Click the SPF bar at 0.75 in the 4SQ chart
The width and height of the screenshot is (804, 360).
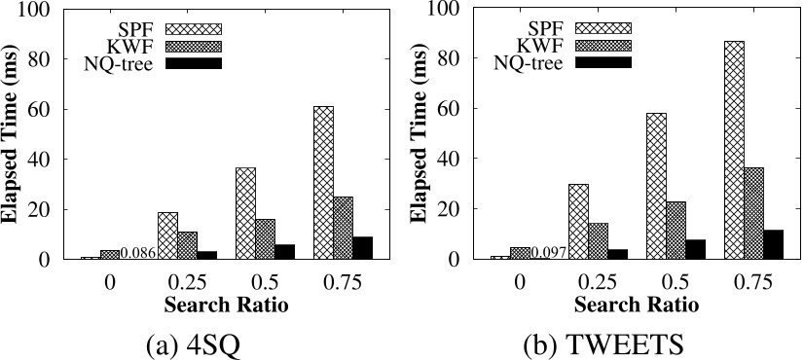click(x=323, y=183)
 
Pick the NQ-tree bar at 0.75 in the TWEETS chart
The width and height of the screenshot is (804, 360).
click(x=773, y=245)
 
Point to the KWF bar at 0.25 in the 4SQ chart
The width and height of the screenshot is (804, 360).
click(x=188, y=245)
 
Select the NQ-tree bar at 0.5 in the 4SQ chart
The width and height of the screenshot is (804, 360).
click(x=284, y=252)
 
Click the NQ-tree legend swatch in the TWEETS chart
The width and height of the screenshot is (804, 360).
click(x=603, y=63)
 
